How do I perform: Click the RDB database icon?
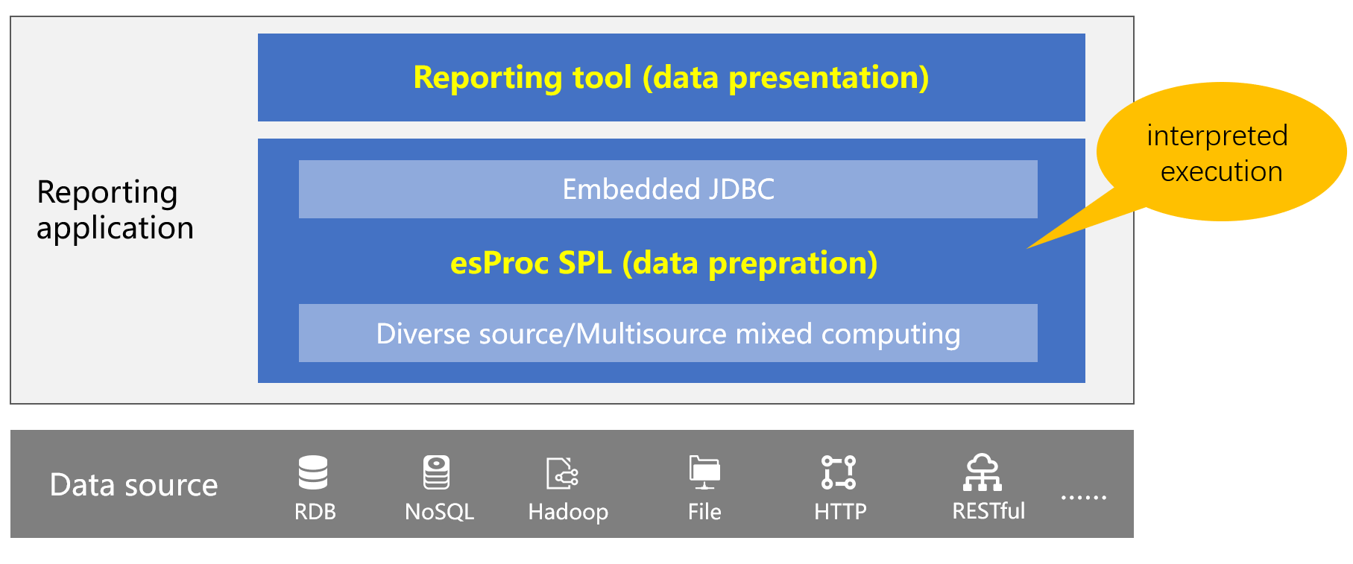click(x=313, y=472)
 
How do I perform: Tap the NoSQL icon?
click(x=437, y=472)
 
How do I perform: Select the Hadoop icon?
click(x=563, y=473)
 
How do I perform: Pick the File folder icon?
click(x=704, y=472)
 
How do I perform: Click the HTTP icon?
click(x=839, y=472)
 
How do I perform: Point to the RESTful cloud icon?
click(x=983, y=472)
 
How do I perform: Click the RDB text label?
click(x=315, y=512)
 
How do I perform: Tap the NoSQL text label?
click(x=439, y=512)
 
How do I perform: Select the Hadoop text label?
click(x=568, y=513)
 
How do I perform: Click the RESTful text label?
click(x=988, y=511)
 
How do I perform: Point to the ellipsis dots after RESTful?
click(x=1084, y=497)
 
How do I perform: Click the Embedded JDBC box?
click(x=668, y=189)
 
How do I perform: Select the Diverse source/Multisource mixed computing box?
click(x=668, y=333)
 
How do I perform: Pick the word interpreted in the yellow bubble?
click(x=1217, y=136)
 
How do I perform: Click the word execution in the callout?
click(x=1221, y=172)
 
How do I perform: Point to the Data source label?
click(x=133, y=485)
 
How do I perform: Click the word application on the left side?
click(x=115, y=229)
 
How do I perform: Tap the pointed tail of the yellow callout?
click(x=1029, y=247)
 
